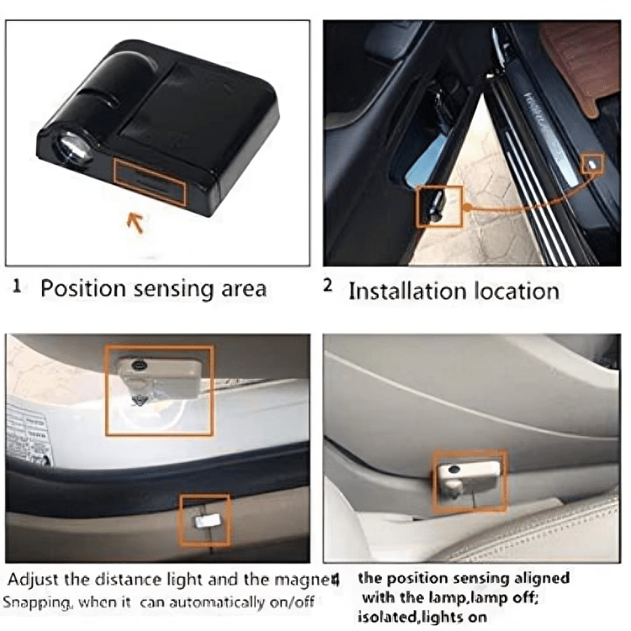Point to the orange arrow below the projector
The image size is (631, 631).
tap(135, 223)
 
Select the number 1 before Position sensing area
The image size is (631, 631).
tap(17, 287)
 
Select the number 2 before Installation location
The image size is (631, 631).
tap(328, 286)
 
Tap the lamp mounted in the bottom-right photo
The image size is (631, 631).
tap(467, 475)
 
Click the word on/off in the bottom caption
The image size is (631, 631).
tap(296, 602)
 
